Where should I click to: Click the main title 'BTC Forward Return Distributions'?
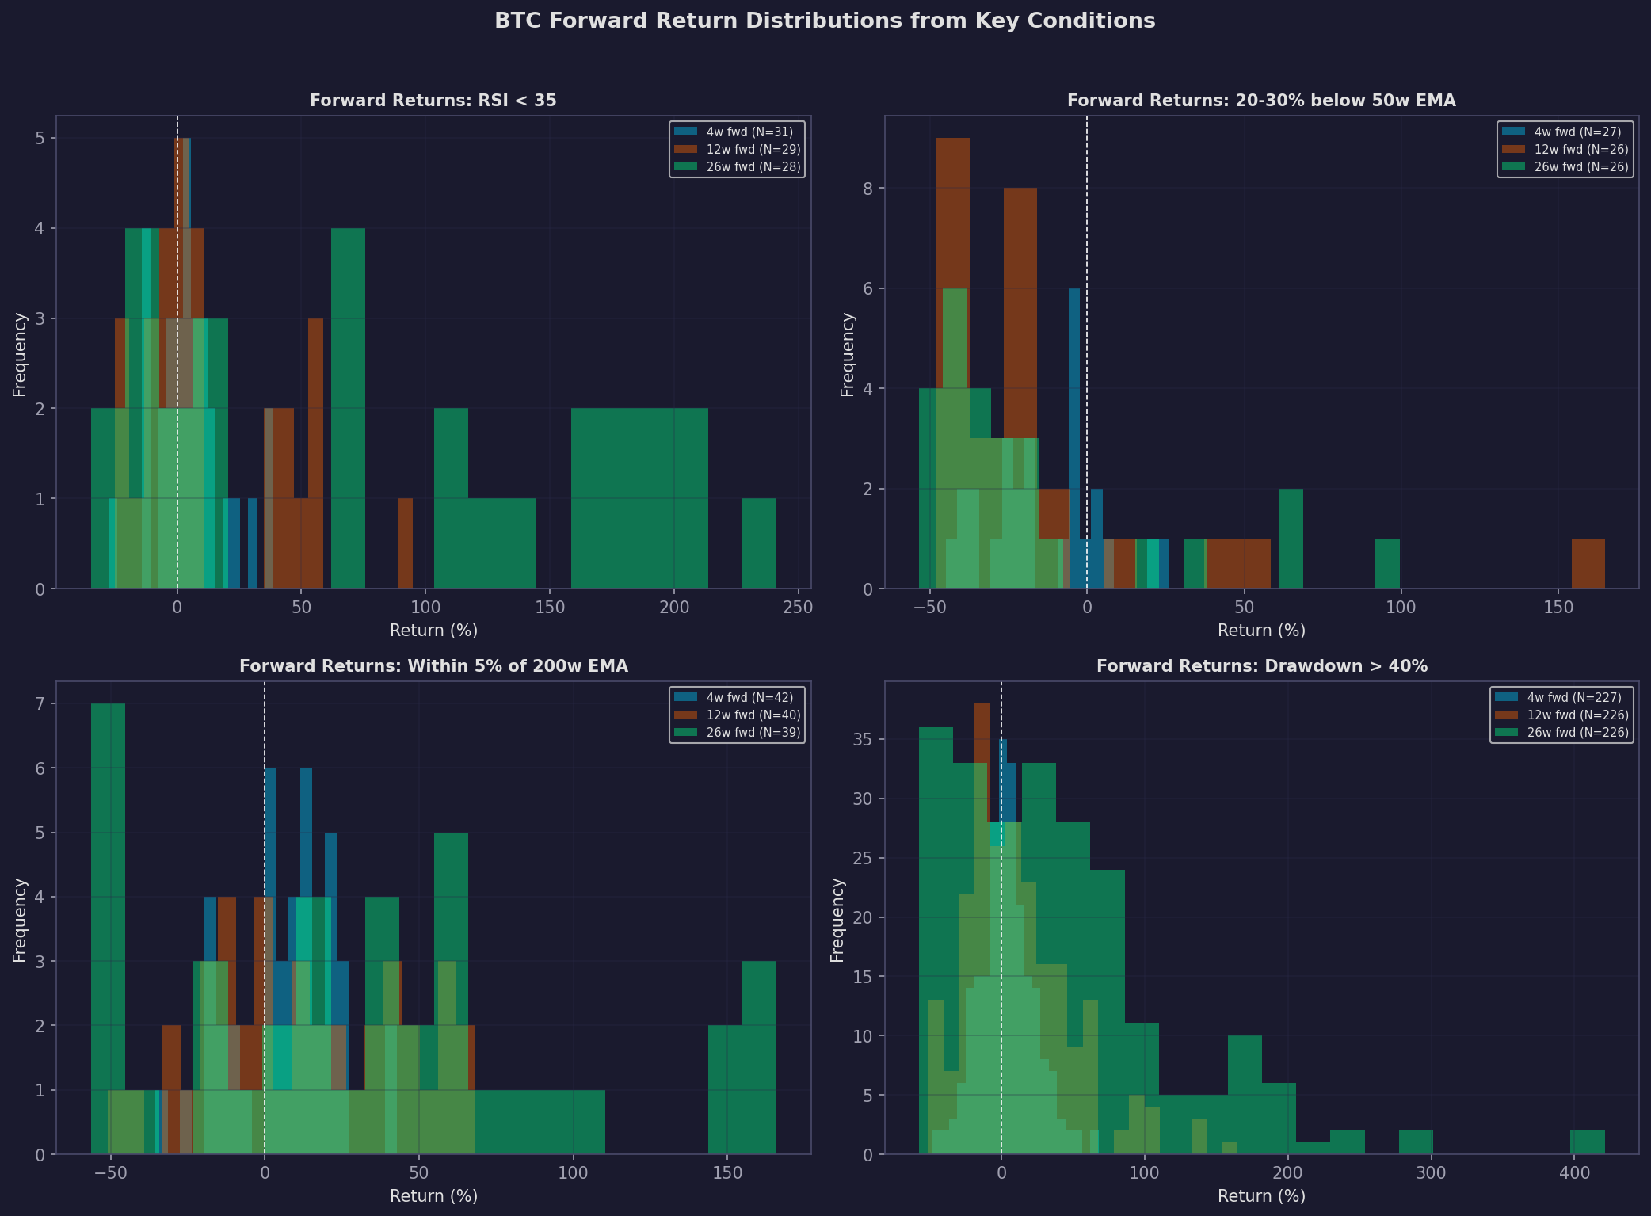click(x=825, y=21)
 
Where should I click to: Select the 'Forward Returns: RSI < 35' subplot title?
click(x=433, y=101)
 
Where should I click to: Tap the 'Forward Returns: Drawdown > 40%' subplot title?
click(x=1261, y=666)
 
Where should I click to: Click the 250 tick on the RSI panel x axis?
click(x=798, y=608)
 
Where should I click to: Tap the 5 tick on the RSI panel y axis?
click(x=40, y=139)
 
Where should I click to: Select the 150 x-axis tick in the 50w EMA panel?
click(x=1558, y=608)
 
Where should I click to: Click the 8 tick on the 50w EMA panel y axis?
click(x=868, y=189)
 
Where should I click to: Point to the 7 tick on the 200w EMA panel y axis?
click(x=40, y=704)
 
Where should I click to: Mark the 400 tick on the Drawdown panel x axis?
click(x=1574, y=1173)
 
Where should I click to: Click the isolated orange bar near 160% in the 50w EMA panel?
click(x=1588, y=564)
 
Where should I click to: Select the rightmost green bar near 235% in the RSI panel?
click(x=759, y=543)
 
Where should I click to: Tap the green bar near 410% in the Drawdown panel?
click(x=1587, y=1142)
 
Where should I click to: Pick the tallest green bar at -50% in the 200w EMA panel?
click(x=108, y=927)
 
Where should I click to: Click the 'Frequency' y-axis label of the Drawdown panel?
click(x=837, y=920)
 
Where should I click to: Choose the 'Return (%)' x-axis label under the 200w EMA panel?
click(x=433, y=1196)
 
